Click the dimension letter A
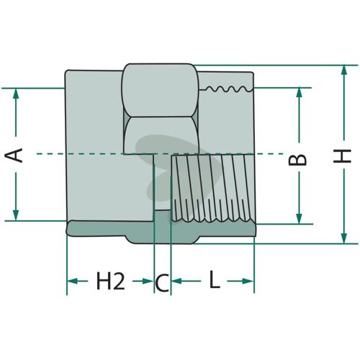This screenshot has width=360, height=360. [14, 156]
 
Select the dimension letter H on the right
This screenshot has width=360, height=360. [342, 156]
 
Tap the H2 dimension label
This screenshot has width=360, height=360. [111, 281]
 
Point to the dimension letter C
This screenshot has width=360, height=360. [162, 283]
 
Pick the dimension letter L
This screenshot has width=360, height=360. [215, 279]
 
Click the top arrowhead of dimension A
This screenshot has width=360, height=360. [16, 94]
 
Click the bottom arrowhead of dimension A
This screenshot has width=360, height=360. [16, 215]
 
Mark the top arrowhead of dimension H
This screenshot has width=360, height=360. [344, 70]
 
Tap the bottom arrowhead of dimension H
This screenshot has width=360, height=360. [344, 238]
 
